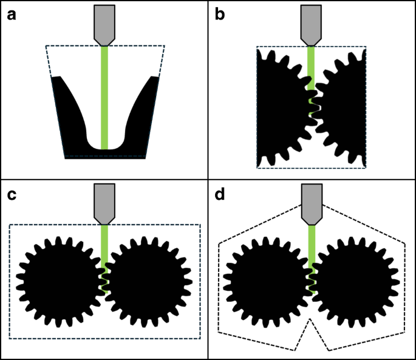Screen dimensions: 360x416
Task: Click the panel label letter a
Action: [11, 15]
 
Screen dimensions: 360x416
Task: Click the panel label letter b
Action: [220, 15]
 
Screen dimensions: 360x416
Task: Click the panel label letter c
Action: [11, 195]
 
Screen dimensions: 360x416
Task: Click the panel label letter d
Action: [220, 195]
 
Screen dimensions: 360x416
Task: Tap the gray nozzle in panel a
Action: [104, 24]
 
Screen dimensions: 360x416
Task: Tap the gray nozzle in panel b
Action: [312, 24]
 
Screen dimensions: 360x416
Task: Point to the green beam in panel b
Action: [312, 67]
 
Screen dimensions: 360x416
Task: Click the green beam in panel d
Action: [312, 243]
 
